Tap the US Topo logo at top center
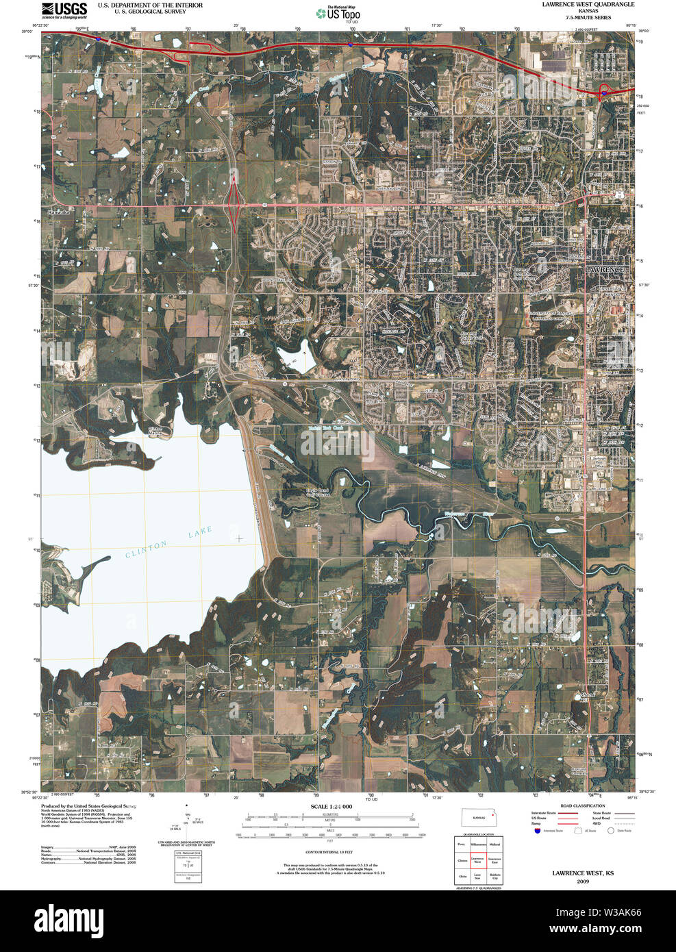[x=338, y=14]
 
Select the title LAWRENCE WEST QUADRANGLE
[x=588, y=5]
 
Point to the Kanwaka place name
[x=59, y=212]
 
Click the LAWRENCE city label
[x=604, y=270]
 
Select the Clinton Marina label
[x=155, y=431]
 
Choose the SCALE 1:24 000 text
[x=331, y=806]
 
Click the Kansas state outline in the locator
[x=477, y=817]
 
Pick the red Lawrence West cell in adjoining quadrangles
[x=477, y=860]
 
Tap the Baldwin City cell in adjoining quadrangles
[x=495, y=876]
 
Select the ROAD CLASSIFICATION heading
[x=582, y=806]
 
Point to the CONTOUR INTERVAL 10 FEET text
[x=329, y=852]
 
